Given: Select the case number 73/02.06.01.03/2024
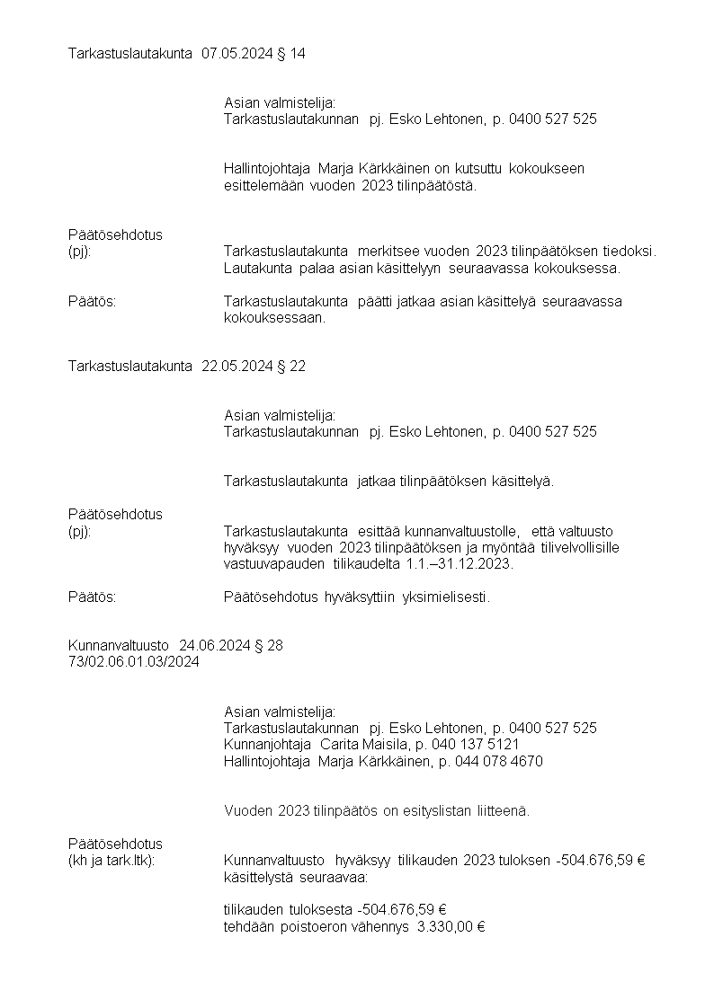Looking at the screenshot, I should click(134, 662).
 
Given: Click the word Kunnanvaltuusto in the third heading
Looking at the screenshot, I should click(119, 645).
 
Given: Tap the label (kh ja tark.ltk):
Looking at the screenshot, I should click(112, 861).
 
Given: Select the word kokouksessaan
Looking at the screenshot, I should click(274, 318).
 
